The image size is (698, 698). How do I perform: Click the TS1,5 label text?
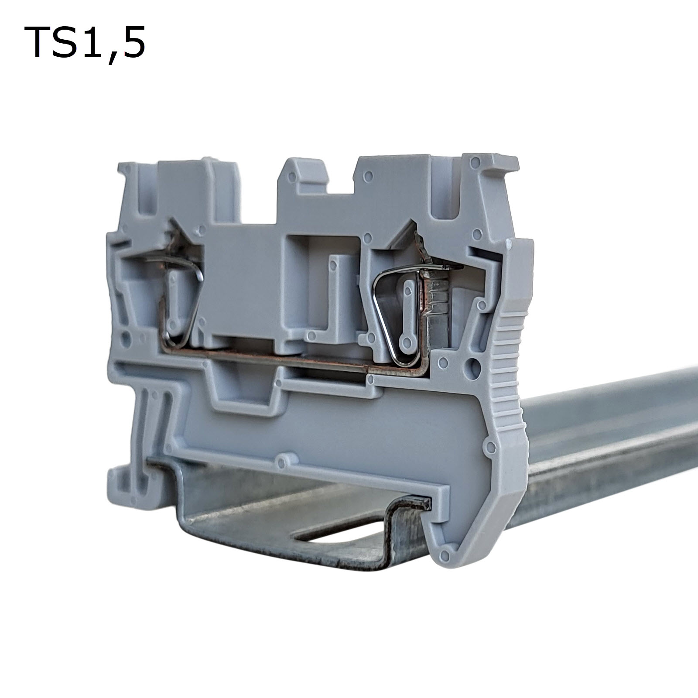[85, 42]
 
